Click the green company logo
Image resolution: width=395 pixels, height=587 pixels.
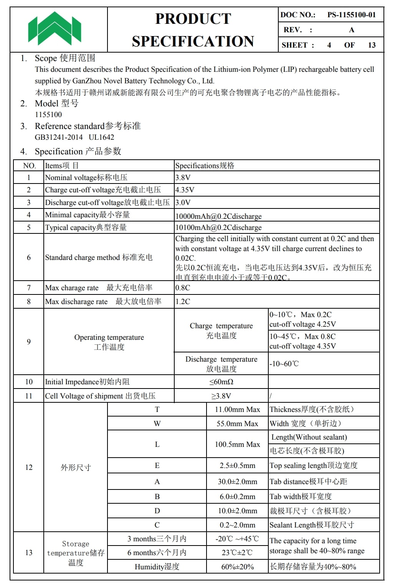[55, 29]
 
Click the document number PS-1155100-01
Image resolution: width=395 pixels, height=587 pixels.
[351, 15]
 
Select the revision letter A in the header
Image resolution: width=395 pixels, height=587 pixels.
[351, 30]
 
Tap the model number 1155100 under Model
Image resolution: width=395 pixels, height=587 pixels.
[48, 114]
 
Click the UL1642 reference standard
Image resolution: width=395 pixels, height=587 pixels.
[101, 137]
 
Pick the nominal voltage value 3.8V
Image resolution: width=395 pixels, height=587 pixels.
[183, 177]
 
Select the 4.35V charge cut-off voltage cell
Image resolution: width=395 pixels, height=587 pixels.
[185, 190]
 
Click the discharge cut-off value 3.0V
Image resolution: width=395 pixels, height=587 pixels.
[183, 202]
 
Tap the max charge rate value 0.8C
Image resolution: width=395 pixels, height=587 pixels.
[183, 288]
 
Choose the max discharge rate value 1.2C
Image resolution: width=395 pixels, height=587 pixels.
[183, 301]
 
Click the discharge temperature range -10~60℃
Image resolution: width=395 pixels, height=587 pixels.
[284, 364]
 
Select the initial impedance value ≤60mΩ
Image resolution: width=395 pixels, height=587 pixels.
[221, 382]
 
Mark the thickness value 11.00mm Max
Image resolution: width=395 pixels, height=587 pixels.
[237, 410]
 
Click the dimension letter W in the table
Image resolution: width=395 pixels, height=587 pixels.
[157, 424]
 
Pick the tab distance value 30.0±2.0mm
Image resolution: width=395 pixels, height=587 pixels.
[237, 482]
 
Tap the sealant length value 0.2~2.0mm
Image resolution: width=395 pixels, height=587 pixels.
[237, 525]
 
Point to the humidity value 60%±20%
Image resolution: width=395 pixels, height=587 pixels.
[237, 567]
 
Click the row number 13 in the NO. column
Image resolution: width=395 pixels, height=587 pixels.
[29, 552]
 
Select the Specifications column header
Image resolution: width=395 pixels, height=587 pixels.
[205, 165]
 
